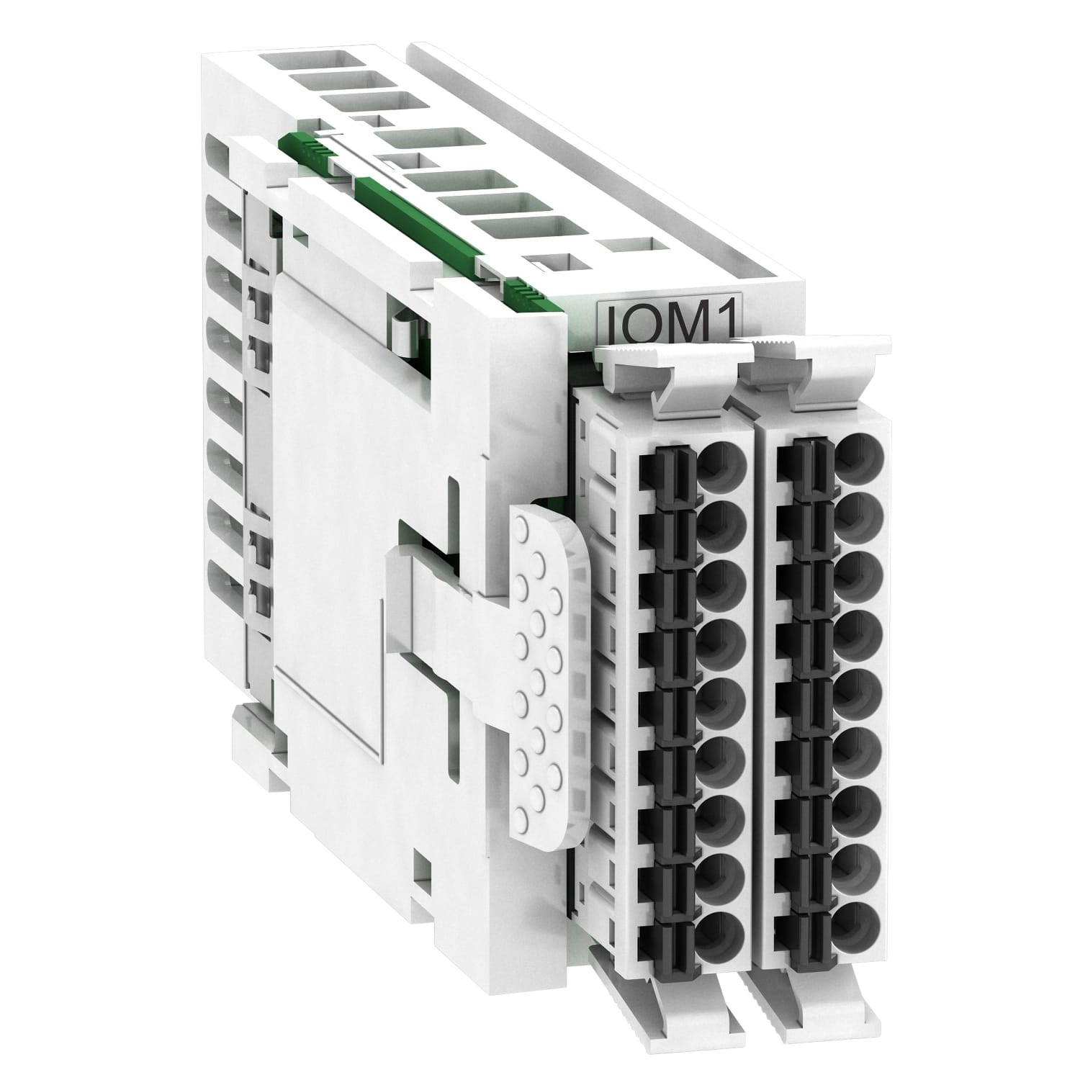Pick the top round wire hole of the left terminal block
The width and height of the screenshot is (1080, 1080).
721,462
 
